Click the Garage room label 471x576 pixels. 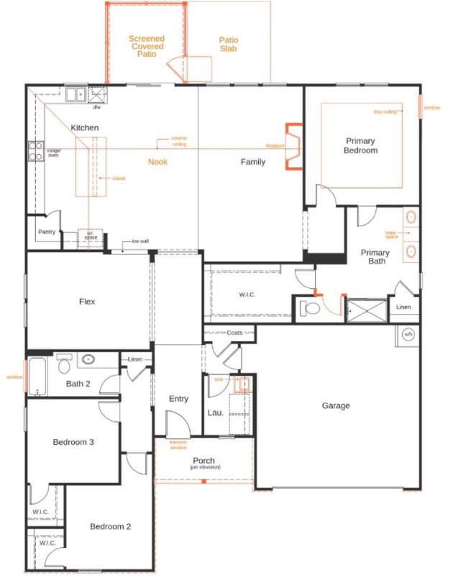[x=336, y=406]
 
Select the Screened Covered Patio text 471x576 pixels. [x=147, y=46]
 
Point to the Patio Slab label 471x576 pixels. [x=229, y=45]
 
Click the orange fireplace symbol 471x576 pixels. [x=293, y=146]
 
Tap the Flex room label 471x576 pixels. [x=87, y=302]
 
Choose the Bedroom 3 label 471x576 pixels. [x=73, y=442]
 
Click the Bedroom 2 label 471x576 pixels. [x=110, y=527]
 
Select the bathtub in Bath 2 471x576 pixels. [x=37, y=375]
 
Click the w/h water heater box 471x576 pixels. [x=408, y=334]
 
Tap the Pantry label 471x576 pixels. [x=47, y=232]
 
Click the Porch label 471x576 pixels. [x=204, y=462]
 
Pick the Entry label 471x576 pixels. [x=178, y=399]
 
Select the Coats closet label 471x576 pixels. [x=234, y=333]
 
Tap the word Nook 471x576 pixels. [x=157, y=162]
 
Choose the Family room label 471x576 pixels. [x=252, y=162]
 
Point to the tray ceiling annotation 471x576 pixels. [x=385, y=112]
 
